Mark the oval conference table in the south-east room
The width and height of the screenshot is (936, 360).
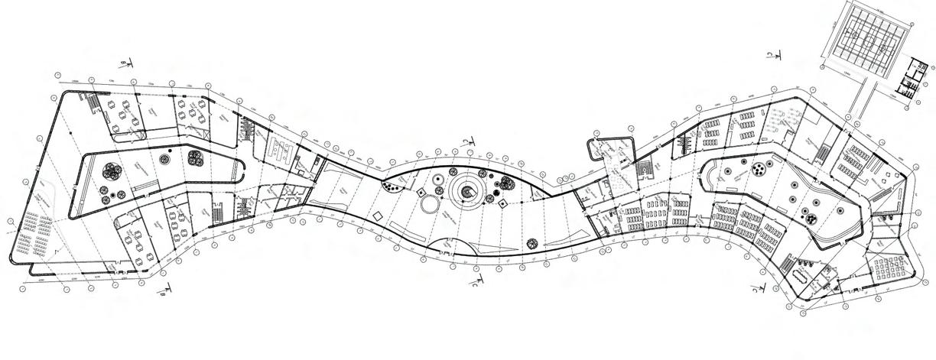pyautogui.click(x=804, y=274)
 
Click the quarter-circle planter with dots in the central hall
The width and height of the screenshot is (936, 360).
pyautogui.click(x=395, y=184)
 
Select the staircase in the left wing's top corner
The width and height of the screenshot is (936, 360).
pyautogui.click(x=90, y=102)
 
